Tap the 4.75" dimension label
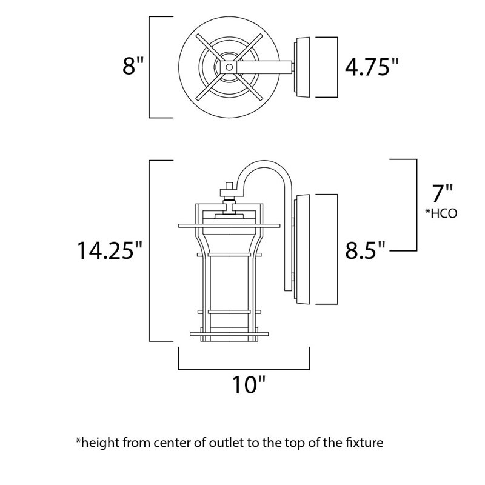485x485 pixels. tap(373, 66)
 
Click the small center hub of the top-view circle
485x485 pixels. tap(230, 67)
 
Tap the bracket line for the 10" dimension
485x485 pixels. tap(244, 367)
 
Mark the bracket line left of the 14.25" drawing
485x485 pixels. tap(150, 250)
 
